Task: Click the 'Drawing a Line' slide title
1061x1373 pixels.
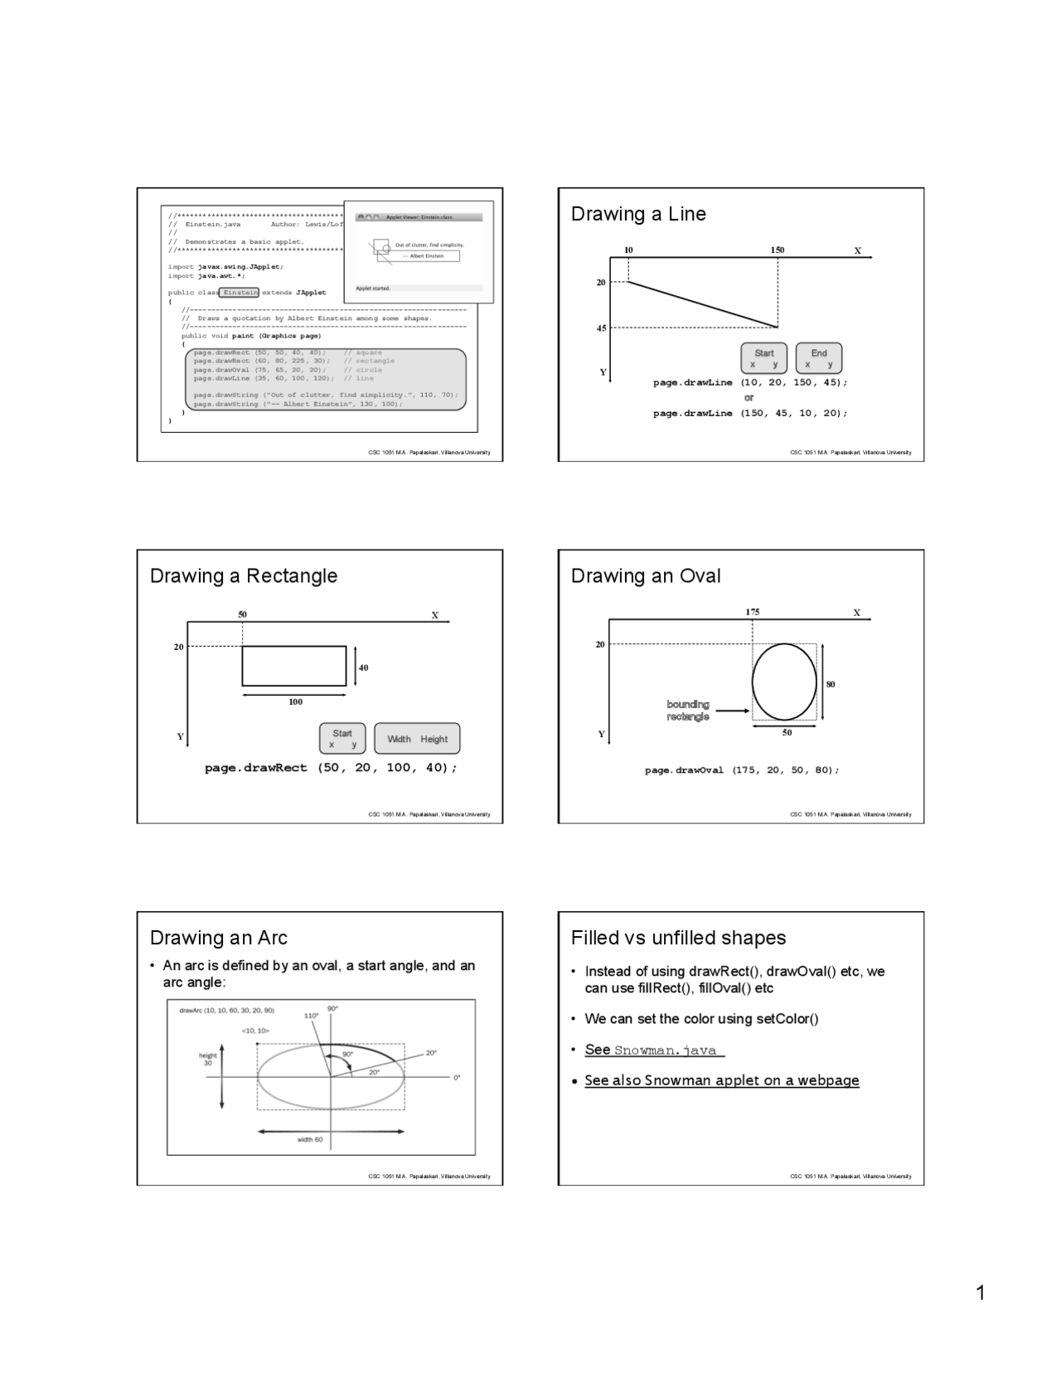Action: pos(638,214)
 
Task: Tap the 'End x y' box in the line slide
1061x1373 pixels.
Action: pos(818,358)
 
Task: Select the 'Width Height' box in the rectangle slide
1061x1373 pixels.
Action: pos(417,739)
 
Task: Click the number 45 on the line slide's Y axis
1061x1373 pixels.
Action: pos(601,328)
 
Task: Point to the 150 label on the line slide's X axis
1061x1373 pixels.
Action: pos(777,250)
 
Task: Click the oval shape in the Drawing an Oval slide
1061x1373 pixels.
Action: pos(784,682)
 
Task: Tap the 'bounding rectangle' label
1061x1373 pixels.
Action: pos(688,711)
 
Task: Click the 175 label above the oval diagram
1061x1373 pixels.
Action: pos(752,612)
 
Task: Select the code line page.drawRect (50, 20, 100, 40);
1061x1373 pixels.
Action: pos(331,768)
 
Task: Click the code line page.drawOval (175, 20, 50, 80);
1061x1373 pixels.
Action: pos(742,770)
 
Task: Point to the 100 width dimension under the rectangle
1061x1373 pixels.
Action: pos(295,702)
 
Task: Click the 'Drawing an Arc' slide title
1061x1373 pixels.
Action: pos(218,938)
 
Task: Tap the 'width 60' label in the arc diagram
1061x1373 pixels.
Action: pos(310,1140)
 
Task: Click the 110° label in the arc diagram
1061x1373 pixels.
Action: pos(311,1016)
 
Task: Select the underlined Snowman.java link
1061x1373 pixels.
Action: pos(665,1050)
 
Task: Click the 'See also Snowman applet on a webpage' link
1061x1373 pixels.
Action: pos(721,1080)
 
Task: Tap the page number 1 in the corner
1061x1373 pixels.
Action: pos(981,1293)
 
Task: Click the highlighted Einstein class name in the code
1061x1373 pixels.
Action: pos(240,293)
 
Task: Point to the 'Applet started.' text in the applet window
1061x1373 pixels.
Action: pos(373,289)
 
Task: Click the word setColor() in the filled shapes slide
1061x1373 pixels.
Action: pos(787,1019)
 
